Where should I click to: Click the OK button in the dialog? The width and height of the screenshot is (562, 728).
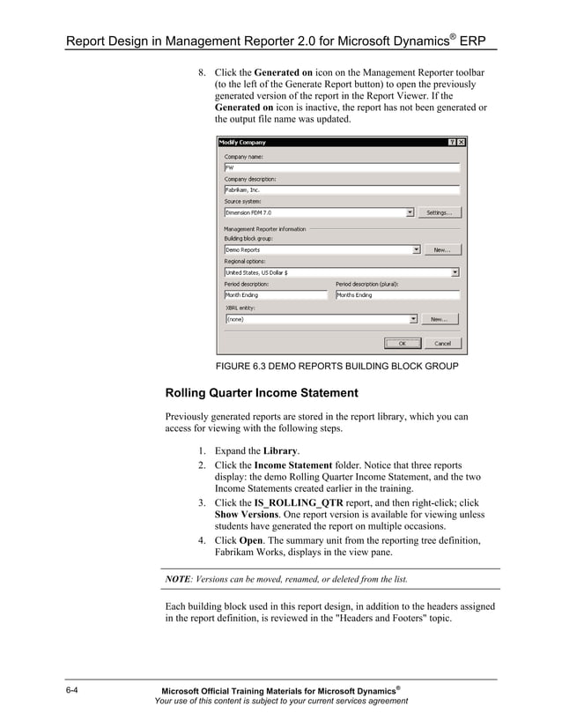[402, 343]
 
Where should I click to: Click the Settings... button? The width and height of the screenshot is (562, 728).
[439, 212]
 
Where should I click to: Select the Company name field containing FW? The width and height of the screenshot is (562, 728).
[342, 167]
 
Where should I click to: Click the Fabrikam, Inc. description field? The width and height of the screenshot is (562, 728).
[342, 189]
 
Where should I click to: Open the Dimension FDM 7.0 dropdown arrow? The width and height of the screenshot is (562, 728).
[410, 212]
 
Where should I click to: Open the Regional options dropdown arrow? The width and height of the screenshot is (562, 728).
[455, 272]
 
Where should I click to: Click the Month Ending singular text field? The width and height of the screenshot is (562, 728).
[275, 295]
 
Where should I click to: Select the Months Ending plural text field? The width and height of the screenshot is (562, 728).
[396, 295]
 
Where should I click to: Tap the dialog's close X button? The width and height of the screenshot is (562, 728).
[461, 142]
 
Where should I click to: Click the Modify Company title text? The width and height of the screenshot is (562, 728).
[242, 142]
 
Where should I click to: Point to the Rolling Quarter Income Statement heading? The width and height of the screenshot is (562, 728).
[262, 392]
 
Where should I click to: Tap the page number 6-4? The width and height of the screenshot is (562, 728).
[74, 688]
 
